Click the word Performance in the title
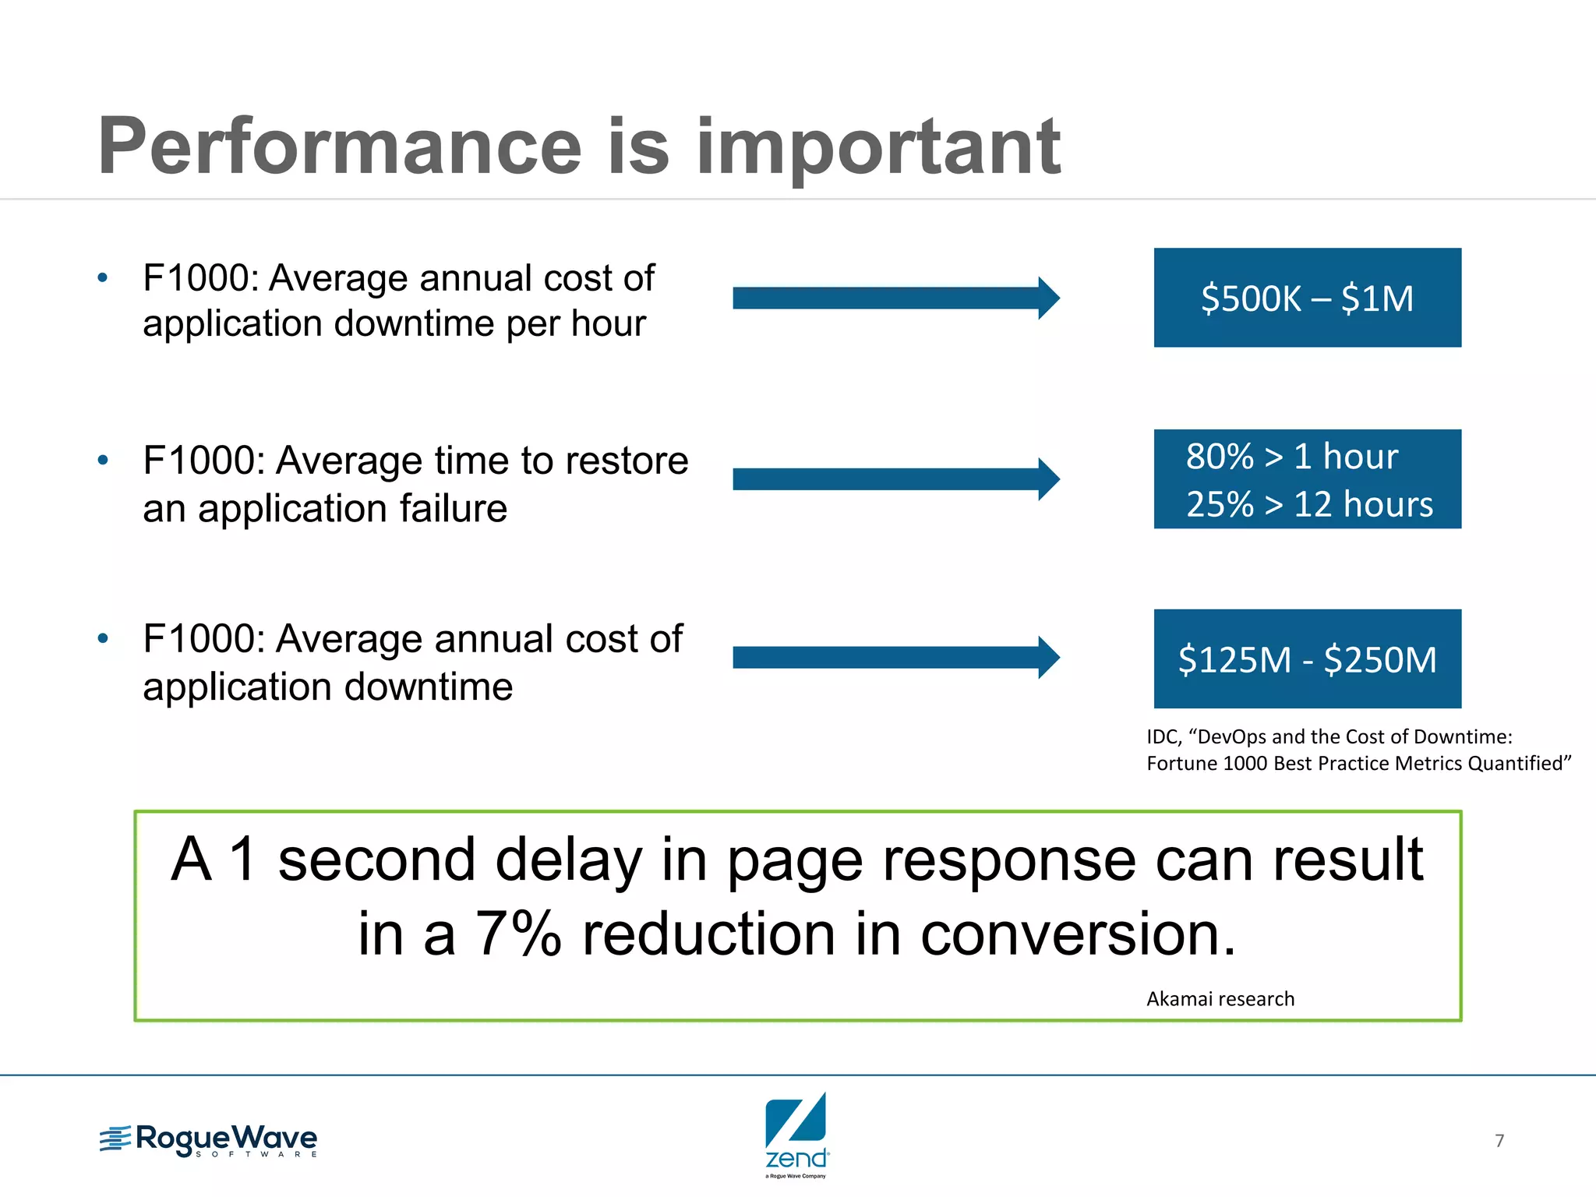(x=340, y=147)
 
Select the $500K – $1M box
(x=1307, y=298)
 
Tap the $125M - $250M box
(x=1307, y=659)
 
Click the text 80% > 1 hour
(x=1291, y=457)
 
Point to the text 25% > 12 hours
(x=1309, y=504)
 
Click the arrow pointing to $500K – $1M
(x=895, y=298)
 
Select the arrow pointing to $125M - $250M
(x=895, y=658)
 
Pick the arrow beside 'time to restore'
(x=895, y=478)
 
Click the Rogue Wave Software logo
(x=209, y=1140)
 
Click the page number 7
(x=1499, y=1141)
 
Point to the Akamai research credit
(x=1220, y=999)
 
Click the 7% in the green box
(x=518, y=934)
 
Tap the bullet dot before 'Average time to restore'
(x=103, y=460)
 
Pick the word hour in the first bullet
(x=608, y=323)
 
